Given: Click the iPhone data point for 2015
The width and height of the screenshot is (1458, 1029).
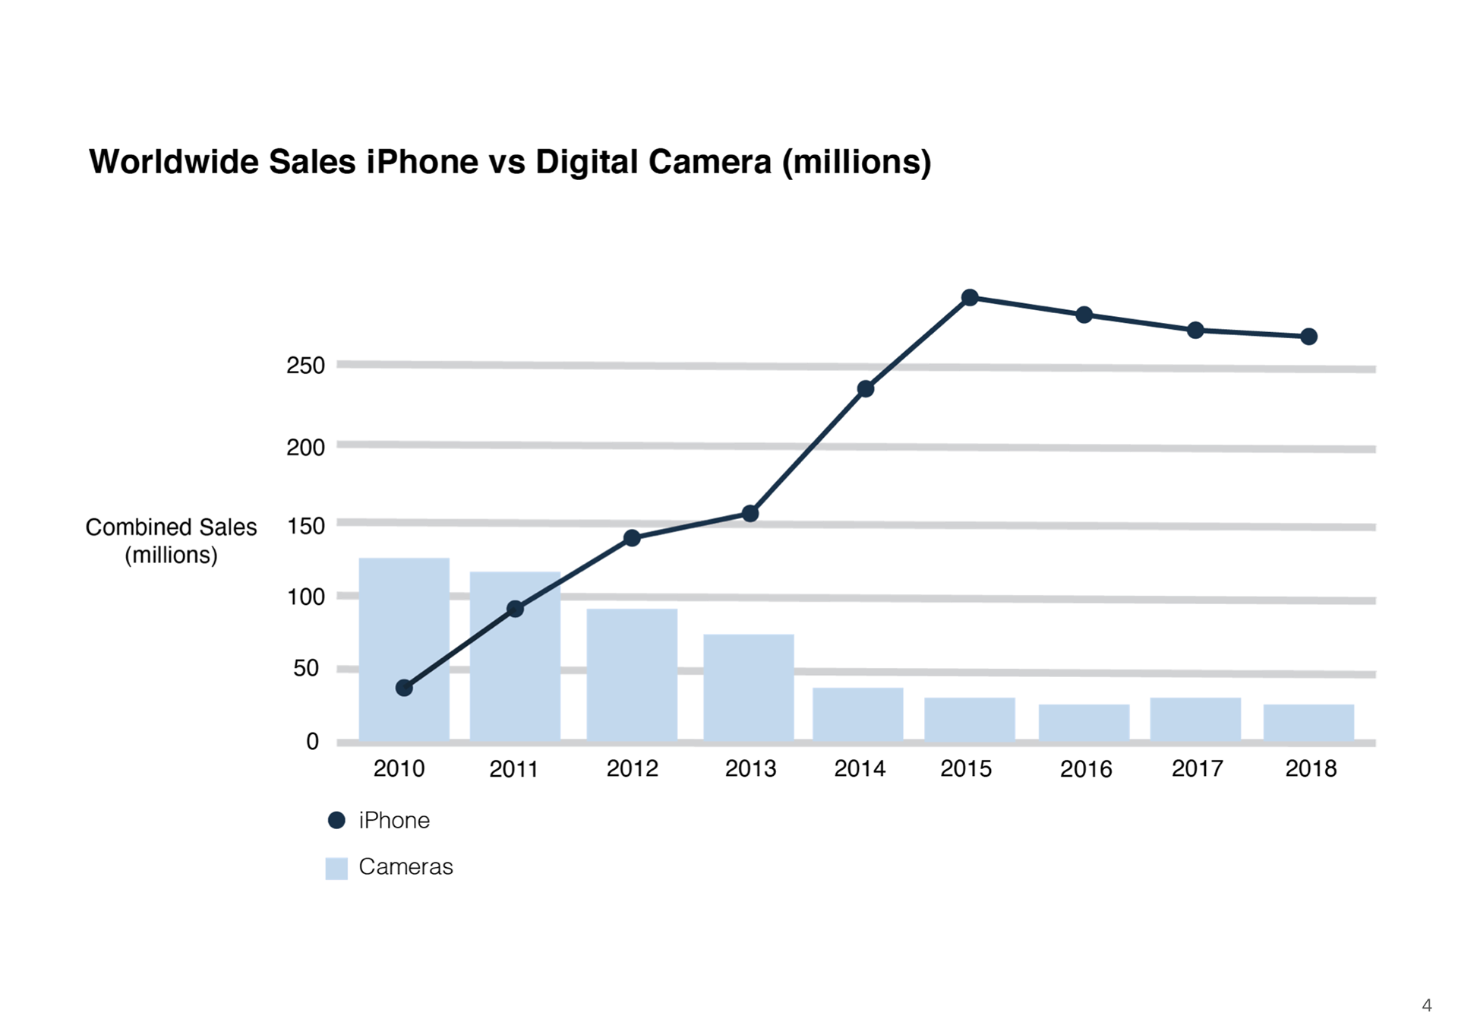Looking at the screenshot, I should coord(970,298).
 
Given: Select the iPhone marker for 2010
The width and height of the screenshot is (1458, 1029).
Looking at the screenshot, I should coord(404,688).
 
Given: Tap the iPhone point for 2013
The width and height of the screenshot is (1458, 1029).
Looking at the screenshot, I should coord(750,514).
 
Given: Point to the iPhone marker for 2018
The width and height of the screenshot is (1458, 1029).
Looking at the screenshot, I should coord(1308,337).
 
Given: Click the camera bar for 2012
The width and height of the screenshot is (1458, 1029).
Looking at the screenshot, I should coord(632,674).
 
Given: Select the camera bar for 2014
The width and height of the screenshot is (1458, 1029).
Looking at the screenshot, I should coord(858,714).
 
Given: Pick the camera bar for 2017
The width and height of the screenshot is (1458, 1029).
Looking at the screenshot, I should coord(1195,719).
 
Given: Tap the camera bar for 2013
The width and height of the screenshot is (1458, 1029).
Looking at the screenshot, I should coord(749,687).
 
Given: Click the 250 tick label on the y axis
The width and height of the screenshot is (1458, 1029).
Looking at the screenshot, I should coord(305,366).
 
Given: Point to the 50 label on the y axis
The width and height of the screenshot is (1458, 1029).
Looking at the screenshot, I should coord(305,669).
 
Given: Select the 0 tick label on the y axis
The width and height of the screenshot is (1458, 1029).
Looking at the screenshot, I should coord(312,742).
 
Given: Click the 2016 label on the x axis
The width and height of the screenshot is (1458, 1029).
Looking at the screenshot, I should coord(1086,770).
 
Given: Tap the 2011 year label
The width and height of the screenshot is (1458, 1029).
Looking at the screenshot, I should coord(513,770).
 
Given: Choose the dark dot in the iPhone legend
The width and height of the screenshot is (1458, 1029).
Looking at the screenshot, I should coord(336,821).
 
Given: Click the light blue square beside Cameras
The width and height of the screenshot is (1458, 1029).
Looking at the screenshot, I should coord(336,868).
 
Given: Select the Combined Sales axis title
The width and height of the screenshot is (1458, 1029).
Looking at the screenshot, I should coord(171,540).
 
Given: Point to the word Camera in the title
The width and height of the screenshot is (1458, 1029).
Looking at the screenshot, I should coord(709,162).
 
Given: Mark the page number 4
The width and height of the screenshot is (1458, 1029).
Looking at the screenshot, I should coord(1427,1005).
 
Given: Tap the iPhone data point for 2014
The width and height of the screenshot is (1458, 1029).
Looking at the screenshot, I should coord(865,389).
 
